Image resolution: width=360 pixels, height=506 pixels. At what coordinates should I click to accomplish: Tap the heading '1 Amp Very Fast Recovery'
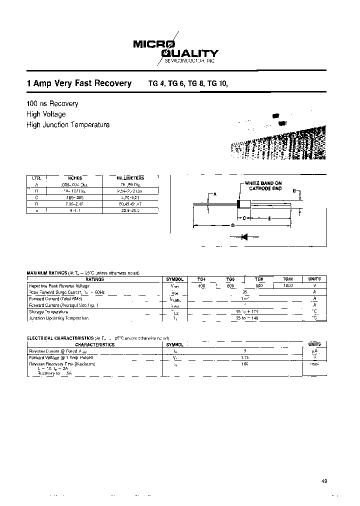coord(78,84)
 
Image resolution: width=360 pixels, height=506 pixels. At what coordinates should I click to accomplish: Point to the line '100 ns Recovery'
coord(52,103)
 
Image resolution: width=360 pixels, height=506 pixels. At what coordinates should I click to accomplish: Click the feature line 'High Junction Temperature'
coord(67,125)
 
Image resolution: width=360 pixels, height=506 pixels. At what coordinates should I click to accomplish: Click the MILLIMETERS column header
coord(130,178)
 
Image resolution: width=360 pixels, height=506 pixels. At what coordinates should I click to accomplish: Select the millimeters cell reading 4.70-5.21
coord(130,197)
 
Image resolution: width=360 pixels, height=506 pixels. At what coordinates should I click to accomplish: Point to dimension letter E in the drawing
coord(269,218)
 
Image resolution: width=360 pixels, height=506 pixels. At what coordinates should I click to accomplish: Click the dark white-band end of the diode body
coord(239,204)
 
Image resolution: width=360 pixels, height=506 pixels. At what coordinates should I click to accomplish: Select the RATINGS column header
coord(94,279)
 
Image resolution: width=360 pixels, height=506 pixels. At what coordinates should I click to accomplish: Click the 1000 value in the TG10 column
coord(287,285)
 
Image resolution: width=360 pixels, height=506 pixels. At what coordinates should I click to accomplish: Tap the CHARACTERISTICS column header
coord(94,344)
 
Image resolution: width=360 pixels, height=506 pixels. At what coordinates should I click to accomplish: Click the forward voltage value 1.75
coord(244,357)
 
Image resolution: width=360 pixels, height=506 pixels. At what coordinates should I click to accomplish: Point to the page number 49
coord(324,481)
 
